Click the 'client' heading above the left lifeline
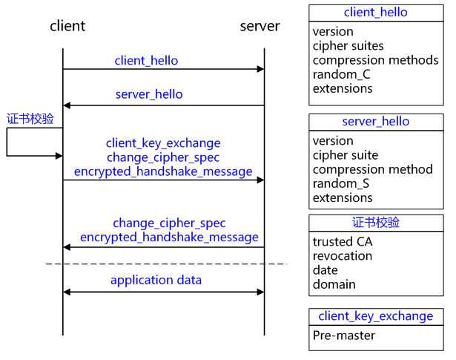tap(67, 26)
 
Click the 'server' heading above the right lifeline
tap(260, 26)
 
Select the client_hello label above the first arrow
tap(146, 61)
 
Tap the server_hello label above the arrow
tap(149, 94)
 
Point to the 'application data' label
tap(156, 280)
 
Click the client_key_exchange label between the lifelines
tap(163, 143)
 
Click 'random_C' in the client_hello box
tap(341, 74)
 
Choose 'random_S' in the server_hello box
tap(341, 183)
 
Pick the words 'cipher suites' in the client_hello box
tap(348, 46)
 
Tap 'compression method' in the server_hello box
tap(372, 169)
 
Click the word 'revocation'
tap(343, 255)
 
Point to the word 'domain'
tap(334, 284)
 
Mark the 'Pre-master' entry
tap(344, 336)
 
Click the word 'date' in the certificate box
tap(325, 270)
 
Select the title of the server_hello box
tap(375, 122)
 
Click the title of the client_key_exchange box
tap(375, 316)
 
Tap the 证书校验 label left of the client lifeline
tap(30, 118)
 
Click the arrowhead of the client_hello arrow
tap(260, 69)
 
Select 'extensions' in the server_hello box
tap(343, 197)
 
